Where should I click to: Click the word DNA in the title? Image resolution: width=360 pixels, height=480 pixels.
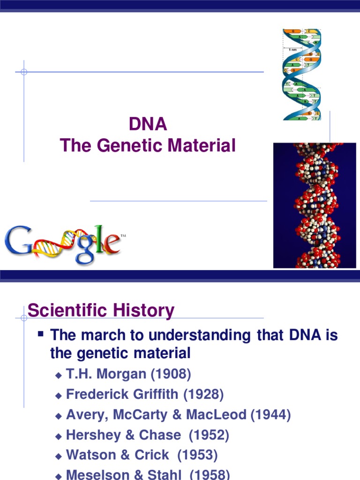point(148,125)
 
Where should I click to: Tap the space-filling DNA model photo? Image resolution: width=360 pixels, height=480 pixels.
point(315,205)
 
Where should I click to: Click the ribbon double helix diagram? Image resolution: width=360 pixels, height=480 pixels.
point(301,74)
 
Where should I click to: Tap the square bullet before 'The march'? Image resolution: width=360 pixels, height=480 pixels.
point(40,335)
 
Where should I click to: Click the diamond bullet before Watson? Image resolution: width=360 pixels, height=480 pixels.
point(59,456)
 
